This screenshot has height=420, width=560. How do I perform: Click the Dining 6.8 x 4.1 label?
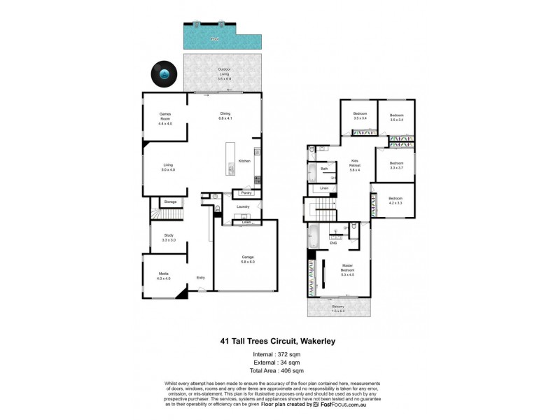225,115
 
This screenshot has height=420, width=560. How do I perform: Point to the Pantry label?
246,192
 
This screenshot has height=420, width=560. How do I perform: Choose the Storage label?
170,202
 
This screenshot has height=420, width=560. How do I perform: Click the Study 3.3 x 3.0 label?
168,237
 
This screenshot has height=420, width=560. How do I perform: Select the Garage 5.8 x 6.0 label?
248,259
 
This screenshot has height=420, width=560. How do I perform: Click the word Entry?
201,278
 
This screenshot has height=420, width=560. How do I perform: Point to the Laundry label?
243,206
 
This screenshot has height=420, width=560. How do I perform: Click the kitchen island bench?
230,160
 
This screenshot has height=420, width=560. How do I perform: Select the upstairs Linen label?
324,188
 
